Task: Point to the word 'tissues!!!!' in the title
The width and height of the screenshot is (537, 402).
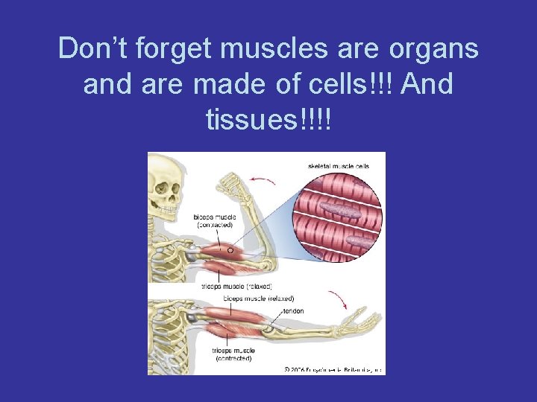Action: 268,119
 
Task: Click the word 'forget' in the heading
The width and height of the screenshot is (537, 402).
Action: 166,49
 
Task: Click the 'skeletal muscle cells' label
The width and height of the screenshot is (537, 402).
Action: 338,165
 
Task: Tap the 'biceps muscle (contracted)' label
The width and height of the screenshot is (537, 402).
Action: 215,220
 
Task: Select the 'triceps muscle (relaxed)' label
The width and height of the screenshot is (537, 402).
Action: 237,287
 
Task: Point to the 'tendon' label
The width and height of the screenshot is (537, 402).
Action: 293,311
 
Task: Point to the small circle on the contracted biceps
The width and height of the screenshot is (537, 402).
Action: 230,251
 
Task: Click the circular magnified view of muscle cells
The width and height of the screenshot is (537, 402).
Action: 339,216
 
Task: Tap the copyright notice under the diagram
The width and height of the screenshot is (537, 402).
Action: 333,368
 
